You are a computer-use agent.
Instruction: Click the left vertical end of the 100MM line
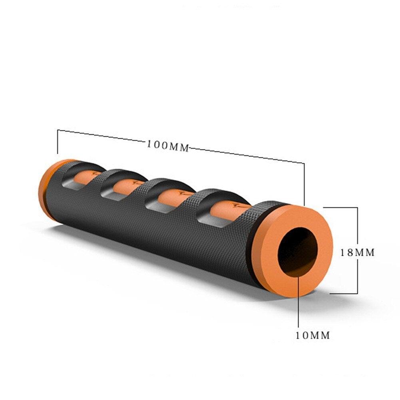coord(58,142)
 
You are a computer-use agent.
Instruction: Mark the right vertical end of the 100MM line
coord(304,184)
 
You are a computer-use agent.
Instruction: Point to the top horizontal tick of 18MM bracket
coord(340,207)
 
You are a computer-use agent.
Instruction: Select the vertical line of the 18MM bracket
coord(357,232)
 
